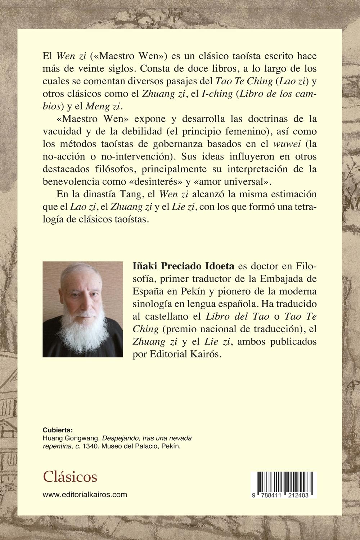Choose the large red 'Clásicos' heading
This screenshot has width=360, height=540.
point(70,477)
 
